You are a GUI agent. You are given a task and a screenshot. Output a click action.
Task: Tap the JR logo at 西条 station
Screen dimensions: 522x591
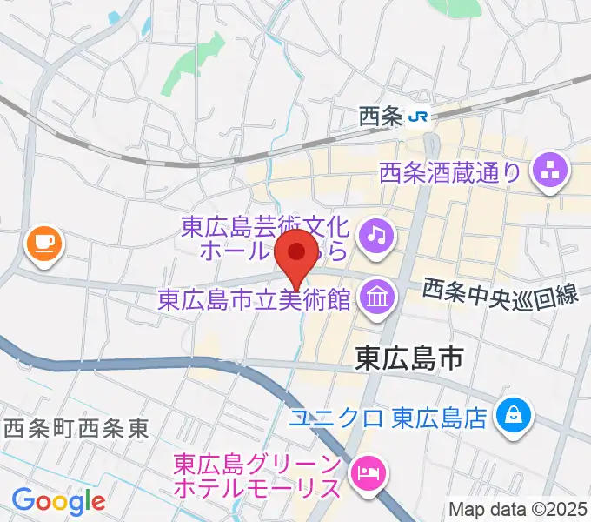pyautogui.click(x=420, y=116)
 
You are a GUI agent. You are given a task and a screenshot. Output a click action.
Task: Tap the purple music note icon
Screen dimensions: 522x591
pyautogui.click(x=376, y=233)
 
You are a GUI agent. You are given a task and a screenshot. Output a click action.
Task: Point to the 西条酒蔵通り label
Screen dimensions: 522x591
pyautogui.click(x=449, y=172)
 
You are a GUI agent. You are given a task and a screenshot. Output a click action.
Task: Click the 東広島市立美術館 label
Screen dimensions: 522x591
pyautogui.click(x=254, y=300)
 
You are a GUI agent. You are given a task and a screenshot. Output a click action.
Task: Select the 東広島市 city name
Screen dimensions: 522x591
pyautogui.click(x=410, y=357)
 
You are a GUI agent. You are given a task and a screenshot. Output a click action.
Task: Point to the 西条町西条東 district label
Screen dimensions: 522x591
pyautogui.click(x=76, y=427)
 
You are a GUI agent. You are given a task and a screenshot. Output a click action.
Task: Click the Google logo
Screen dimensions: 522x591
pyautogui.click(x=58, y=500)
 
